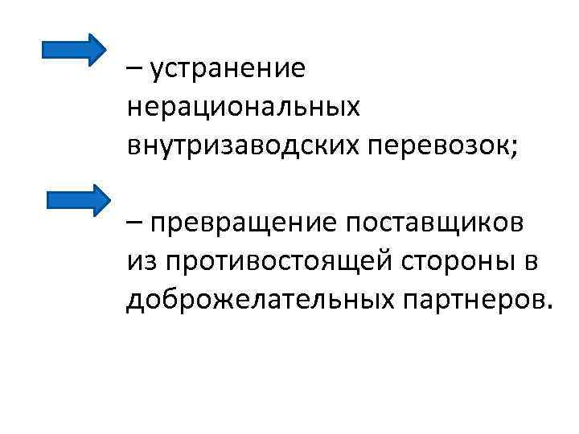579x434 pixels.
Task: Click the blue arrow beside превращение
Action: (77, 200)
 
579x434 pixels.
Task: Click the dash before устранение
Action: (133, 70)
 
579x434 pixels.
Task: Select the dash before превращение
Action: (133, 223)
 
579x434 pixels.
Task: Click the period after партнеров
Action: (550, 305)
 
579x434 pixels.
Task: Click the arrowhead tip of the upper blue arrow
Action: (105, 49)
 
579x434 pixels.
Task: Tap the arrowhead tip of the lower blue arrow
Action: (109, 200)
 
